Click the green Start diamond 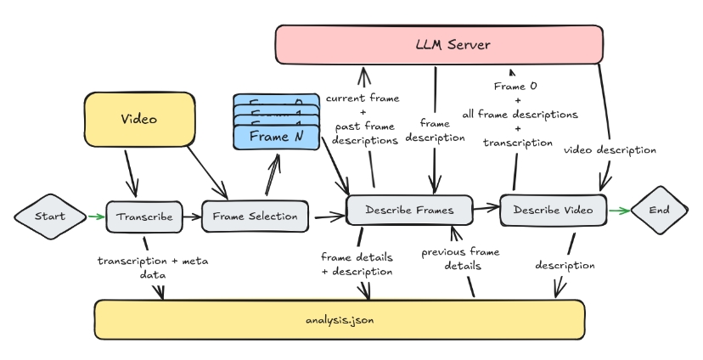50,216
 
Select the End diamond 660,210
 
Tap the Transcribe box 144,217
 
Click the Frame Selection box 255,216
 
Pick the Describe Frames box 408,210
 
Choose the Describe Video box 554,210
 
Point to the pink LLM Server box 439,44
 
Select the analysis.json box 339,319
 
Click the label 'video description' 610,150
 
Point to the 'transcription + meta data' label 153,267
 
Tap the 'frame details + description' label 357,264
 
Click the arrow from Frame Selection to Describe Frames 329,217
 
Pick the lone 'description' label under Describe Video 565,265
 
